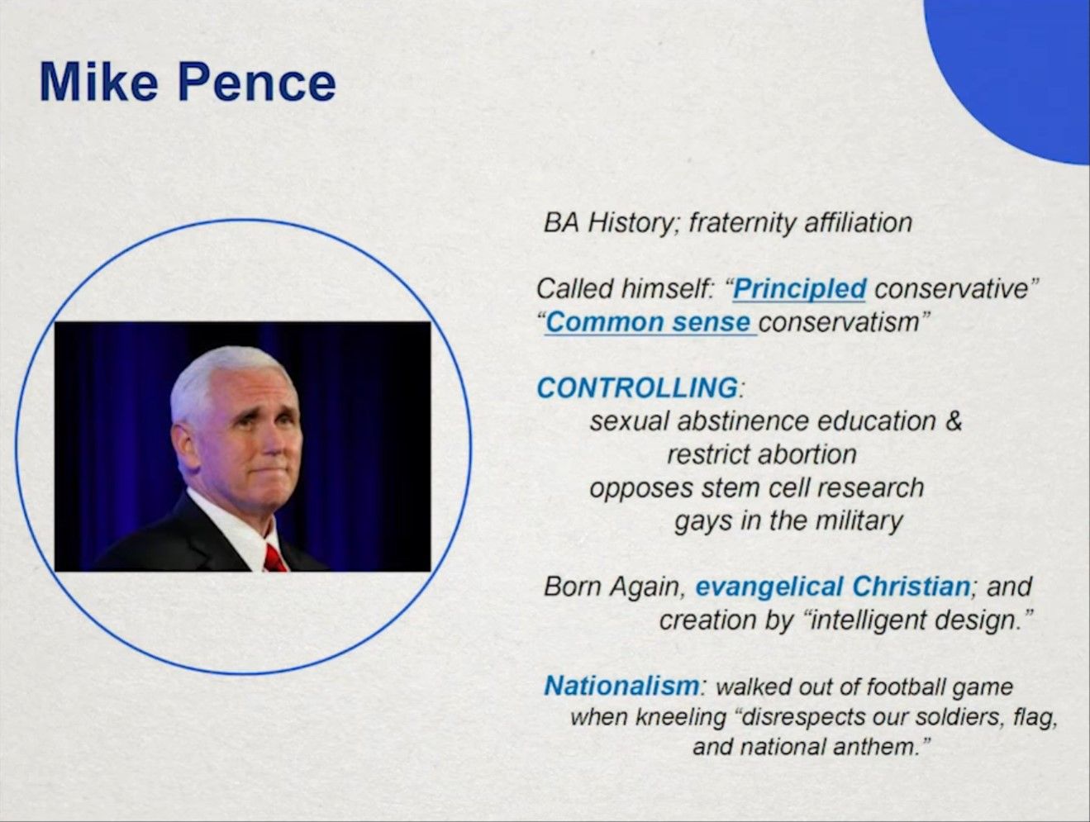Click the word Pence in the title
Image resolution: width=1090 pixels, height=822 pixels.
pyautogui.click(x=257, y=82)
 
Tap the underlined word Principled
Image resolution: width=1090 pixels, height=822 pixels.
pyautogui.click(x=799, y=288)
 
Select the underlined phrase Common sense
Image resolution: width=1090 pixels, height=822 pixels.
pyautogui.click(x=648, y=323)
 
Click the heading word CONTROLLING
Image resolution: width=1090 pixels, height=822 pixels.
pyautogui.click(x=637, y=387)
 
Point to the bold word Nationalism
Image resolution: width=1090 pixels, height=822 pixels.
pyautogui.click(x=621, y=686)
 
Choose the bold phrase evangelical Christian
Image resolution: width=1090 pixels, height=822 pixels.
pyautogui.click(x=833, y=587)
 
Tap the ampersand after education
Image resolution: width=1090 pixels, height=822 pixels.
pyautogui.click(x=954, y=421)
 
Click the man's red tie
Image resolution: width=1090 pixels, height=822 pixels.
pyautogui.click(x=274, y=558)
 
